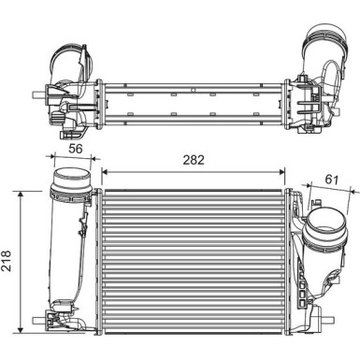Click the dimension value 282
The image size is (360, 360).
tap(194, 160)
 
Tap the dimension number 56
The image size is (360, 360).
tap(76, 149)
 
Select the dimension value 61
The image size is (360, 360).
tap(332, 180)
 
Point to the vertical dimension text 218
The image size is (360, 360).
tap(7, 260)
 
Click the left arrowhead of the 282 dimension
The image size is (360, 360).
tap(105, 171)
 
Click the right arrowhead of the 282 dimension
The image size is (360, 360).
tap(282, 171)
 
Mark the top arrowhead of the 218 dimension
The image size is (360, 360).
tap(21, 194)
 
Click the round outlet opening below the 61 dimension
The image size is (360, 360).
tap(324, 225)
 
